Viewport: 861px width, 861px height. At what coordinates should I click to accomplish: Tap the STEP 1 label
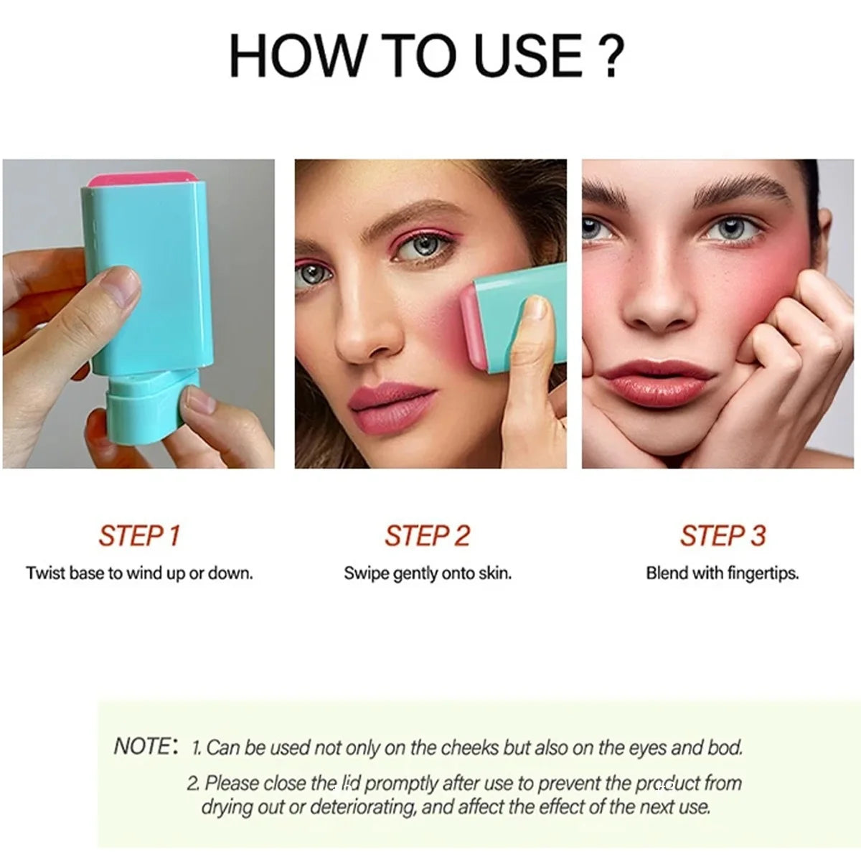(x=139, y=536)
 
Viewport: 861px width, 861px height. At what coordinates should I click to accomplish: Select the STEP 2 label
(x=427, y=536)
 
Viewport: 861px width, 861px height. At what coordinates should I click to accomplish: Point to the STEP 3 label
(x=723, y=536)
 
